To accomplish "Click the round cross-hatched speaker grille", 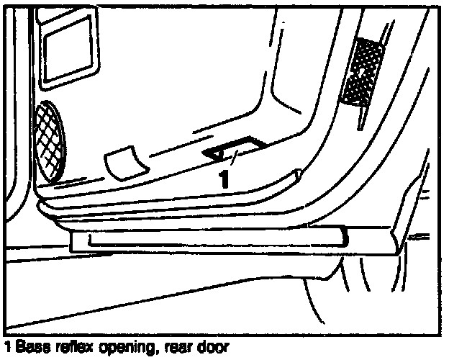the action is pos(48,142).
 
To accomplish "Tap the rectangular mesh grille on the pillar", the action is pos(362,71).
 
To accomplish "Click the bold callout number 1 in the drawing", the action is pos(224,177).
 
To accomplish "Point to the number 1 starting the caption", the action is pos(6,347).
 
